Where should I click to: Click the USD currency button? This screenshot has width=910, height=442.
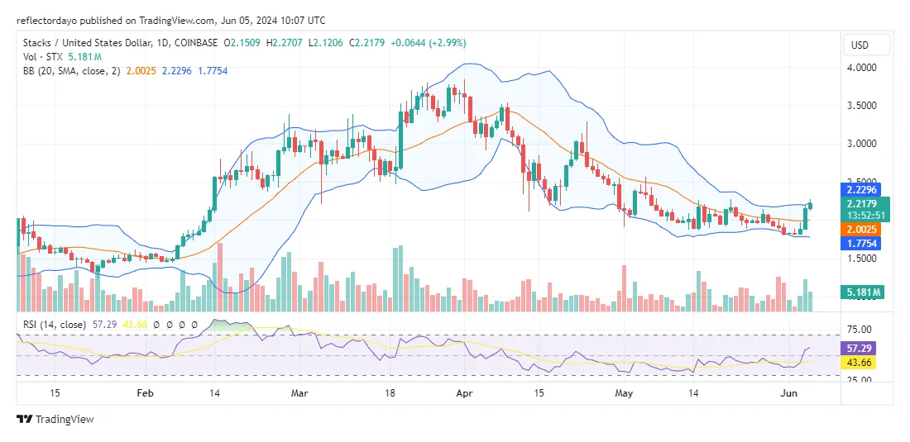click(866, 45)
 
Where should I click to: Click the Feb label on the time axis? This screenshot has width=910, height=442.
click(144, 394)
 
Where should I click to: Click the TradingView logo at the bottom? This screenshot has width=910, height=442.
click(55, 420)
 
